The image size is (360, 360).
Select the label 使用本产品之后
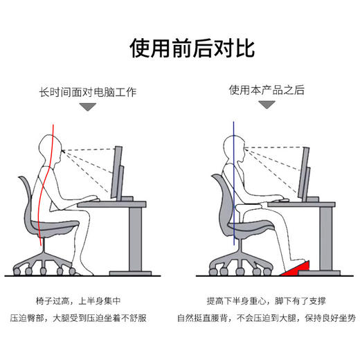point(267,90)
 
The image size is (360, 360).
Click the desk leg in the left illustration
point(139,239)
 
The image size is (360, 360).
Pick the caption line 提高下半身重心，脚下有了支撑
point(267,302)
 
